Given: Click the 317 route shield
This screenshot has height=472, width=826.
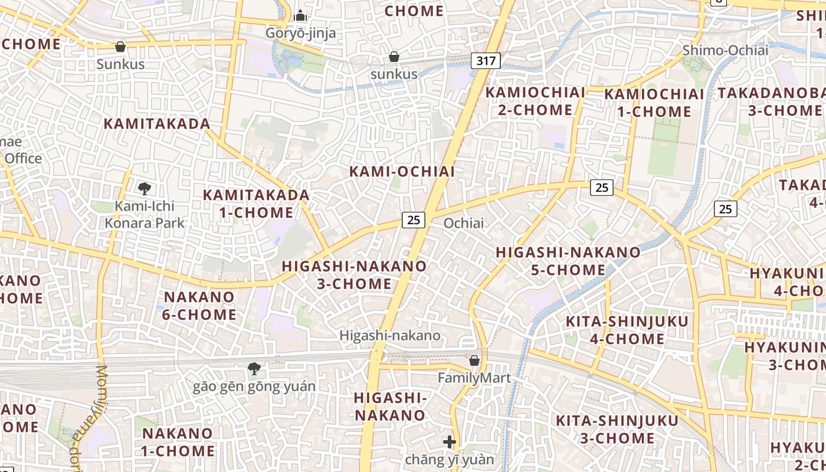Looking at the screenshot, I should click(486, 60).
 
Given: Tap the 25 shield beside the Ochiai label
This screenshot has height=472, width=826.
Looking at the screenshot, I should click(414, 219).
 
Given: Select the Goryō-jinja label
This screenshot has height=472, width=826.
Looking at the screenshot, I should click(300, 32).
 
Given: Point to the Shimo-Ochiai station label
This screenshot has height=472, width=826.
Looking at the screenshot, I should click(725, 50).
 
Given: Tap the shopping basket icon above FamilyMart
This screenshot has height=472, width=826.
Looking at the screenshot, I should click(474, 360).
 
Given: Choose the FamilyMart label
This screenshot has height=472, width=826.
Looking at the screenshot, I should click(474, 378).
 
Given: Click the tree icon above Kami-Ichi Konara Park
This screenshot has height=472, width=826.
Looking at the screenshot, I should click(145, 189).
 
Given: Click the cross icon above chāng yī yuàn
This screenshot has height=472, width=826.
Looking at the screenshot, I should click(450, 441).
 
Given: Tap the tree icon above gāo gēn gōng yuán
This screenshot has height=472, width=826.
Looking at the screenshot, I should click(254, 369).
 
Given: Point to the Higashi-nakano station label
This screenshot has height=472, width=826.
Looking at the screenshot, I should click(389, 336).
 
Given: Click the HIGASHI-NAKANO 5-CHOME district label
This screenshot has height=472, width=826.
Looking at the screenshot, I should click(568, 261).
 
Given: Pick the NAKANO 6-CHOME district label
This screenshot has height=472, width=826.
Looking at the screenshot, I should click(199, 306).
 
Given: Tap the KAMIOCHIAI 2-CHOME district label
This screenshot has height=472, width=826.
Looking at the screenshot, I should click(535, 101).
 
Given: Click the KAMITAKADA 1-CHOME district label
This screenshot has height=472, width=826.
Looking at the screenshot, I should click(256, 204).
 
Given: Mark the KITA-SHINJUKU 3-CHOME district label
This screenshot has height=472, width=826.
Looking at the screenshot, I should click(617, 429).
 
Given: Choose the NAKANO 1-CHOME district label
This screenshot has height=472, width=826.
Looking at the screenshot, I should click(178, 442).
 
